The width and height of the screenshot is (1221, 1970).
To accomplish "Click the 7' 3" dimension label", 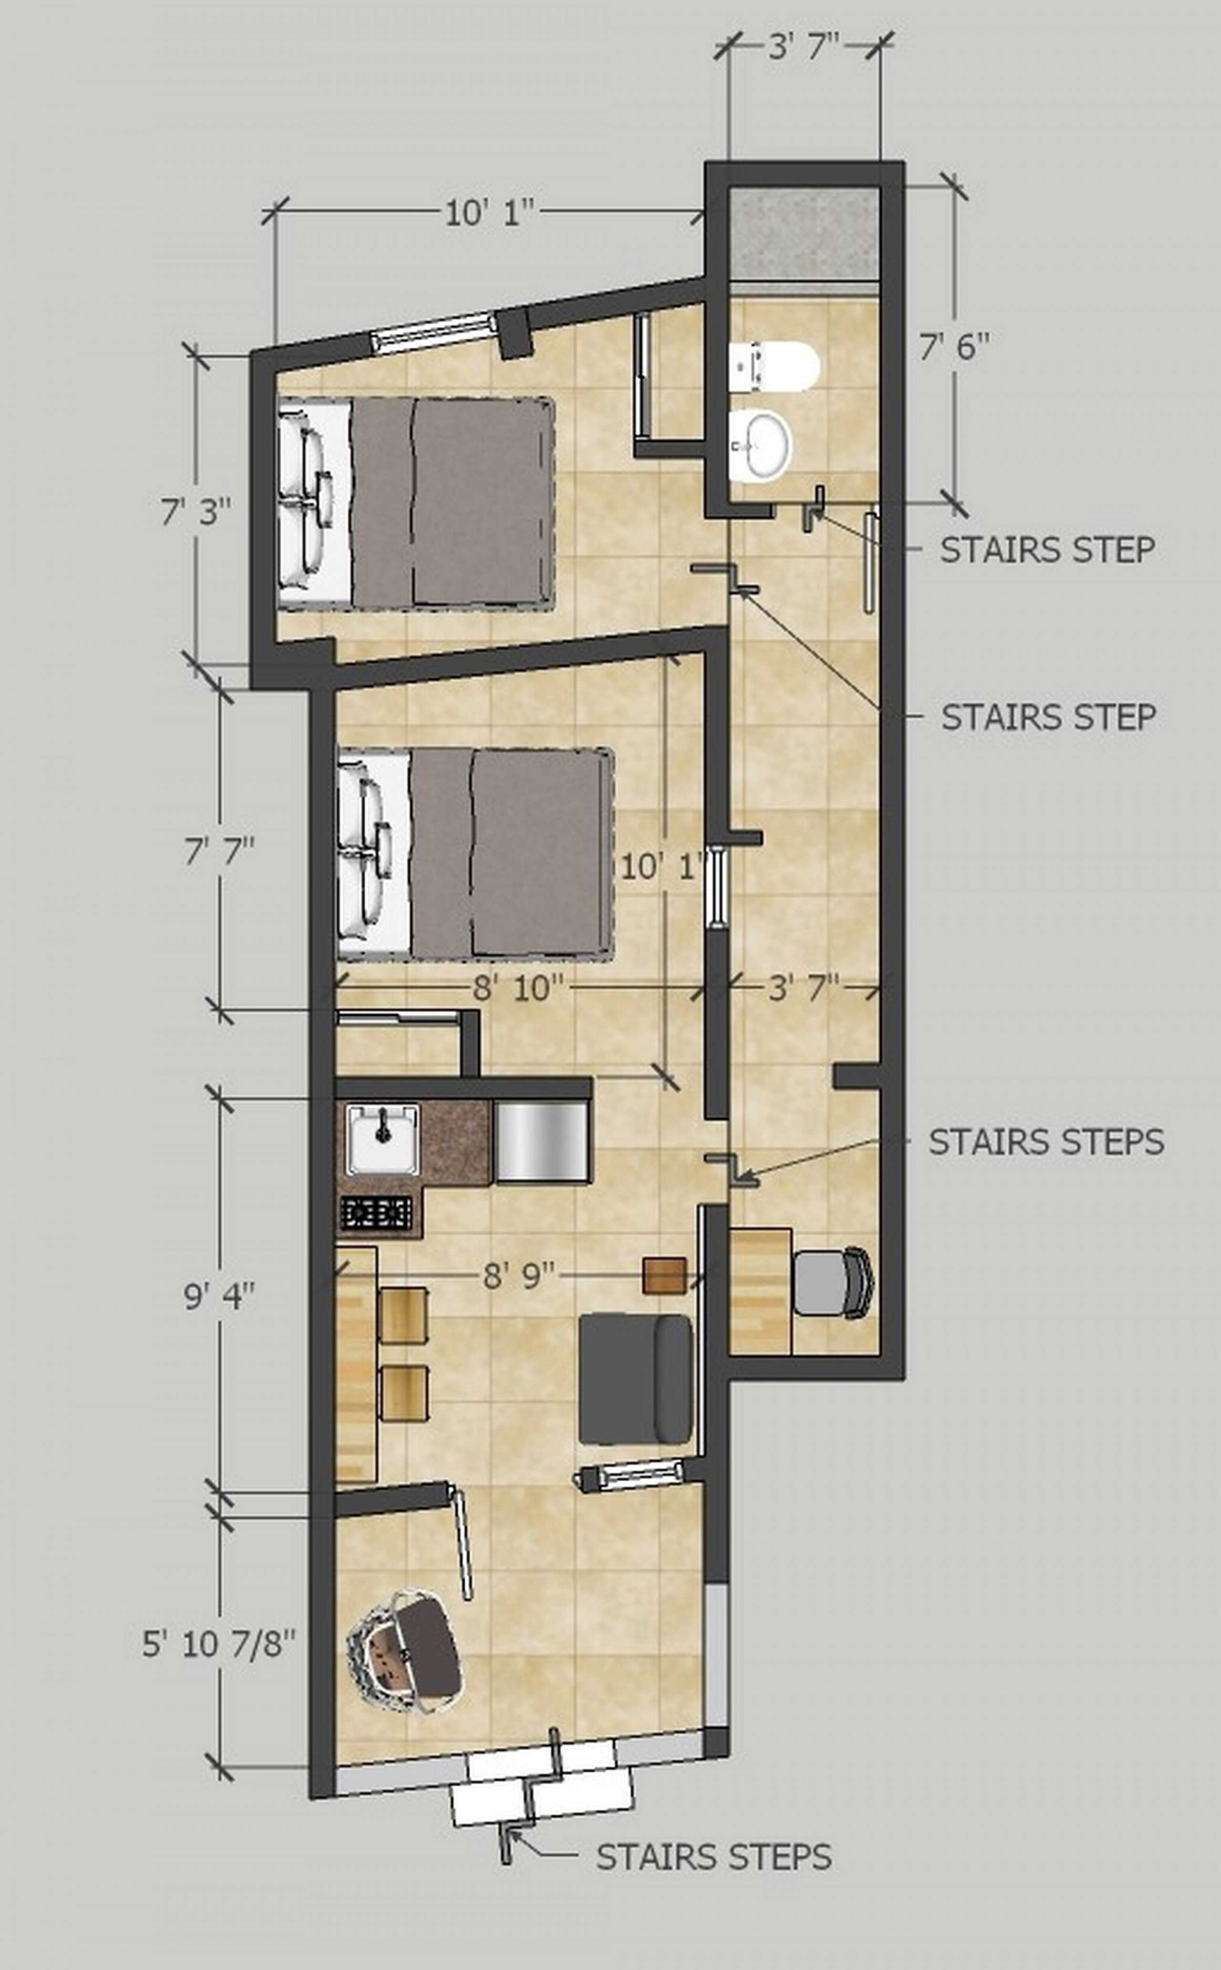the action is (x=196, y=511).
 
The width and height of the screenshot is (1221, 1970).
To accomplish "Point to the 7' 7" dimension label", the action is (x=219, y=851).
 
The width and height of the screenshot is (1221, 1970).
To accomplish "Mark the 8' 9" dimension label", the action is (x=519, y=1276).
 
